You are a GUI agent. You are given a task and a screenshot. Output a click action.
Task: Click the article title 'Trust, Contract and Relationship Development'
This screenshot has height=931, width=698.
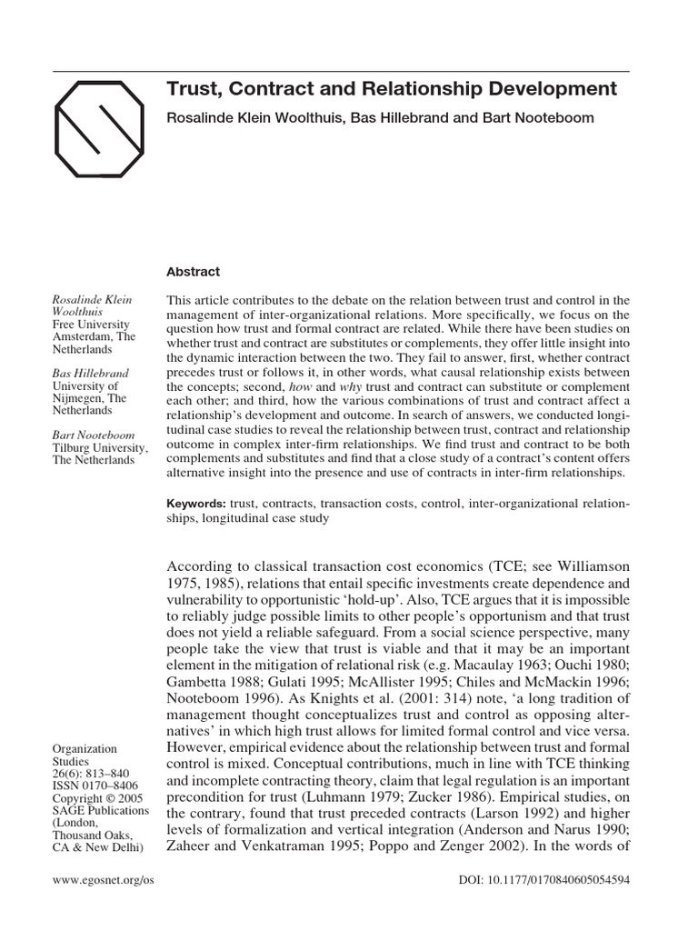pos(392,89)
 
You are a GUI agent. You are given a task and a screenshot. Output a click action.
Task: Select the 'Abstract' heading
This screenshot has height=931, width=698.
pos(194,271)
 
